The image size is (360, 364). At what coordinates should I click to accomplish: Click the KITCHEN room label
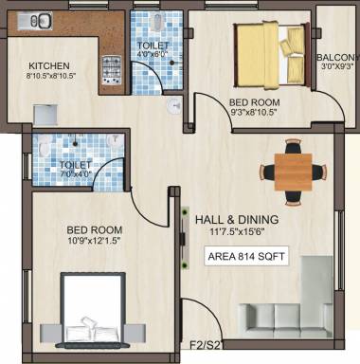pos(49,66)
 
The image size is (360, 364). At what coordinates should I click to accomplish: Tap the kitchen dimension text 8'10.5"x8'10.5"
pos(51,76)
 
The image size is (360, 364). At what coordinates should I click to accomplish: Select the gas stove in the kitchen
pos(112,70)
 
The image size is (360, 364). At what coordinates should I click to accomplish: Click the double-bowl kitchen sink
pos(35,21)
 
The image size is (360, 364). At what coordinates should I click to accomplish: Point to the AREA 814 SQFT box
pos(246,256)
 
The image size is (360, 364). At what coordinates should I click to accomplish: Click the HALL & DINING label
pos(237,219)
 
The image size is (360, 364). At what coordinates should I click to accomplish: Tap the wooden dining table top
pos(294,172)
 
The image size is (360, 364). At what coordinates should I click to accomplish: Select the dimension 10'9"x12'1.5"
pos(95,240)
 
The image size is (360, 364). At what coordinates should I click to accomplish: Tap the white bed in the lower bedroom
pos(93,311)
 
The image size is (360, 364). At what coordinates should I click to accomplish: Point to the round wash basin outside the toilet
pos(174,106)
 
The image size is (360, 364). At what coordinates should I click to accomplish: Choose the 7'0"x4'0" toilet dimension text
pos(76,173)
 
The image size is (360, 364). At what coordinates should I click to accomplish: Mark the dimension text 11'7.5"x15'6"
pos(237,232)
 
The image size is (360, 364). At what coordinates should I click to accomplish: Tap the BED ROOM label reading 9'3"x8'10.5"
pos(255,102)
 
